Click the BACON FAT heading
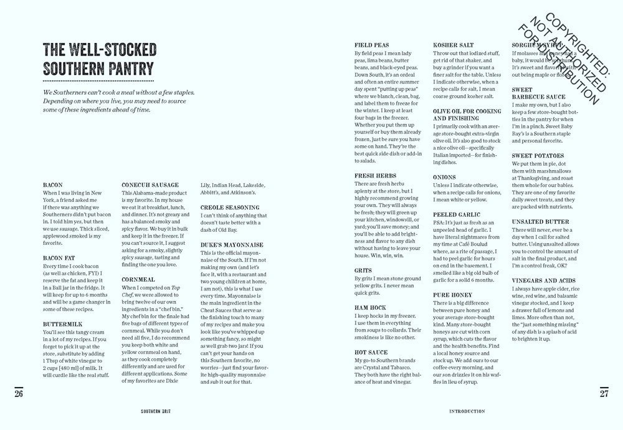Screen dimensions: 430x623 pyautogui.click(x=60, y=257)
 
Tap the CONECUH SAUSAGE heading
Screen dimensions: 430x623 pyautogui.click(x=150, y=184)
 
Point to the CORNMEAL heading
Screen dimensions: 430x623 pyautogui.click(x=138, y=280)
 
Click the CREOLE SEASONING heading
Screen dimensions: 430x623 pyautogui.click(x=230, y=207)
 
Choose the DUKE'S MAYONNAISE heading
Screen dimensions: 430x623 pyautogui.click(x=232, y=245)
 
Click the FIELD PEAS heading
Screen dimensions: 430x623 pyautogui.click(x=373, y=45)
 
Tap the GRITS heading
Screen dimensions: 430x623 pyautogui.click(x=363, y=270)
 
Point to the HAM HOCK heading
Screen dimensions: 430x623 pyautogui.click(x=370, y=308)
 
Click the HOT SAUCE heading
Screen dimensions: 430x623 pyautogui.click(x=372, y=352)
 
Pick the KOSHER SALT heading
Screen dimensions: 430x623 pyautogui.click(x=453, y=45)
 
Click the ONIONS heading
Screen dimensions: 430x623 pyautogui.click(x=444, y=177)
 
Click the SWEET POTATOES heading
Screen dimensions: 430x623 pyautogui.click(x=538, y=155)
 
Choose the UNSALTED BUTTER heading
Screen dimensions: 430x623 pyautogui.click(x=541, y=222)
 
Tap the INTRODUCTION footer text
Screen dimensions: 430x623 pyautogui.click(x=467, y=411)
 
